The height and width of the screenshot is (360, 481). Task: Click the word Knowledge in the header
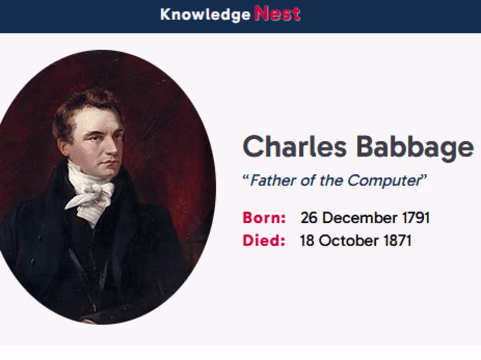coord(205,15)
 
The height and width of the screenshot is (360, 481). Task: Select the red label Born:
coord(264,218)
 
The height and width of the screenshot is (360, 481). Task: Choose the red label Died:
coord(264,241)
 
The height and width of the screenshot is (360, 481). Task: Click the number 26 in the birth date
coord(309,218)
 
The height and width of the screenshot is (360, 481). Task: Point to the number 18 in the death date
coord(307,241)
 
